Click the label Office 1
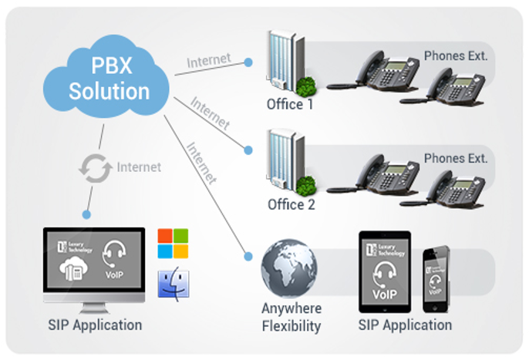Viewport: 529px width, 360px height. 290,104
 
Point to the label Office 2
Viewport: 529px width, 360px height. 291,205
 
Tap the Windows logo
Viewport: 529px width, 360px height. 173,244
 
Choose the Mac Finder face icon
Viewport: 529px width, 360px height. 173,285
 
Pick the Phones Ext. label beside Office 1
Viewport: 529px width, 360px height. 456,57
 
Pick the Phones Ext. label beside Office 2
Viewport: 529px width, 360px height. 456,158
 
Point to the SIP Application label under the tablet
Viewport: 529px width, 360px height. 406,325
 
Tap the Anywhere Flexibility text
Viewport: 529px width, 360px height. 291,317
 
